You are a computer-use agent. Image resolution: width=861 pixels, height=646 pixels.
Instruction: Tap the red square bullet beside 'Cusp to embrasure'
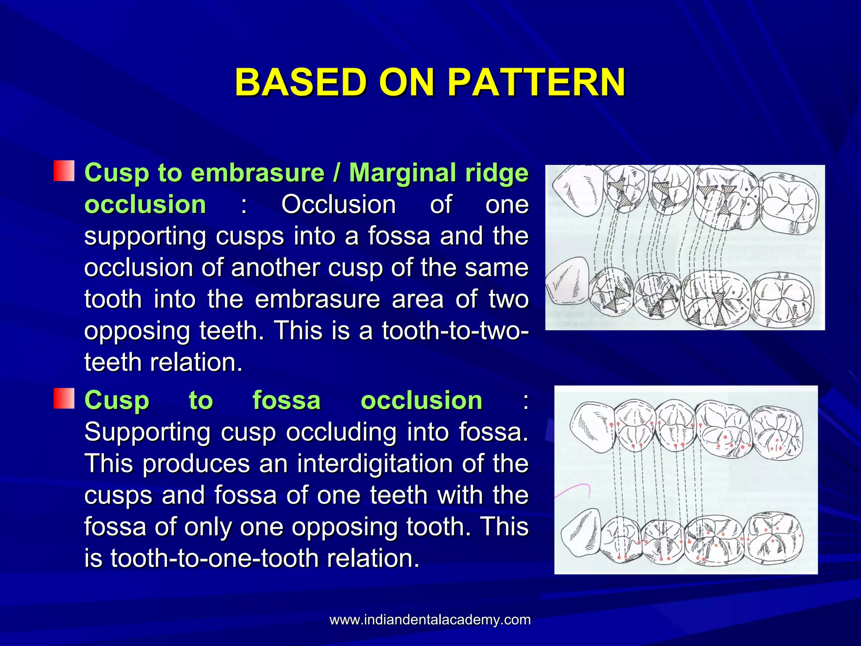pyautogui.click(x=64, y=171)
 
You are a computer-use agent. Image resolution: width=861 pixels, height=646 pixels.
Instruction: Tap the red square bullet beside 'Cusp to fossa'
pyautogui.click(x=64, y=398)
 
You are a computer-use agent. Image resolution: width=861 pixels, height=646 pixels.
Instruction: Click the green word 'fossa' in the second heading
pyautogui.click(x=286, y=400)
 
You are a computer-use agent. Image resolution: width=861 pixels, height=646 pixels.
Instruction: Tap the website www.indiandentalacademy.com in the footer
pyautogui.click(x=430, y=620)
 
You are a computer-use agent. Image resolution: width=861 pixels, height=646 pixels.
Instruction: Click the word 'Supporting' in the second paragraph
pyautogui.click(x=147, y=432)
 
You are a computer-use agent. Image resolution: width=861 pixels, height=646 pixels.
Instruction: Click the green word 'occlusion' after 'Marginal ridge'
pyautogui.click(x=145, y=205)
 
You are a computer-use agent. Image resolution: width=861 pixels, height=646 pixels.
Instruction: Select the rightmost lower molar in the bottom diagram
pyautogui.click(x=774, y=540)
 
